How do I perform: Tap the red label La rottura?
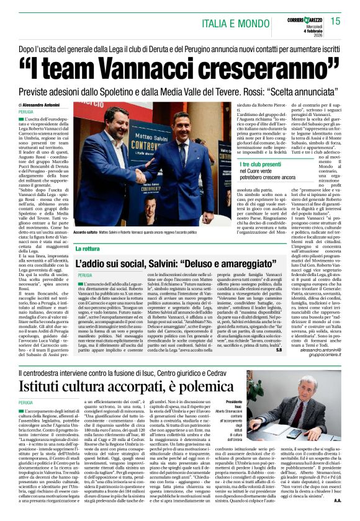(x=88, y=248)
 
